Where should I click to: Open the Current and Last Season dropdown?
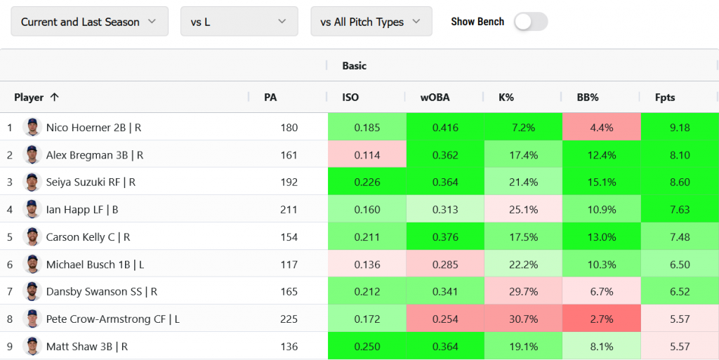pyautogui.click(x=89, y=22)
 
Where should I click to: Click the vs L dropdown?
pyautogui.click(x=239, y=22)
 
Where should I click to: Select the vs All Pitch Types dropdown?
pyautogui.click(x=371, y=22)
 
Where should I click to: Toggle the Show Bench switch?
pyautogui.click(x=530, y=22)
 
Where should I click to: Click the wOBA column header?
pyautogui.click(x=435, y=98)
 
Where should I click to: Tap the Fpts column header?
pyautogui.click(x=664, y=98)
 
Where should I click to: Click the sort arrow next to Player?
pyautogui.click(x=55, y=98)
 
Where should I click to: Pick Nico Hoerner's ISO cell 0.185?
pyautogui.click(x=367, y=128)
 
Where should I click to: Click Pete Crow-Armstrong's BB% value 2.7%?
pyautogui.click(x=602, y=319)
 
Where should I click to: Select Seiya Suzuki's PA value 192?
pyautogui.click(x=289, y=182)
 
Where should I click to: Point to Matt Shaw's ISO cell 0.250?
pyautogui.click(x=367, y=347)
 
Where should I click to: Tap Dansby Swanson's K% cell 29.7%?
pyautogui.click(x=523, y=292)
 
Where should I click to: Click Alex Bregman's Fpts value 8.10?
pyautogui.click(x=680, y=155)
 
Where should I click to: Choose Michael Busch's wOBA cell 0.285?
pyautogui.click(x=445, y=265)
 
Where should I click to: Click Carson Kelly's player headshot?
pyautogui.click(x=32, y=237)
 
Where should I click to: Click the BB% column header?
pyautogui.click(x=588, y=98)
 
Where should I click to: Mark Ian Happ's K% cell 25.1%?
pyautogui.click(x=523, y=210)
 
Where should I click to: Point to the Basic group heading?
pyautogui.click(x=355, y=66)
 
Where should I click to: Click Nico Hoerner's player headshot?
pyautogui.click(x=32, y=128)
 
